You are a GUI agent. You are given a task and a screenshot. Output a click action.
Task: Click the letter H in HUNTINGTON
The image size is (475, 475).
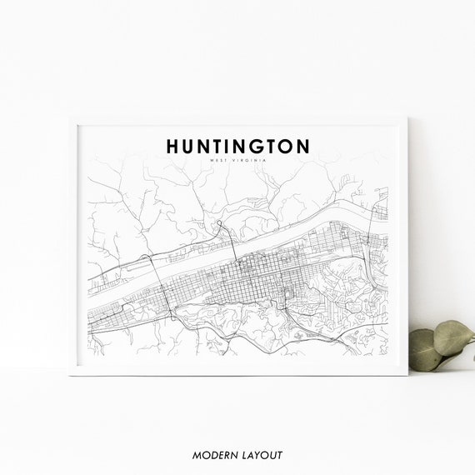[173, 146]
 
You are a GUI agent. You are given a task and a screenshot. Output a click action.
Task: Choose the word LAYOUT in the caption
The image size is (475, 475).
[261, 455]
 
